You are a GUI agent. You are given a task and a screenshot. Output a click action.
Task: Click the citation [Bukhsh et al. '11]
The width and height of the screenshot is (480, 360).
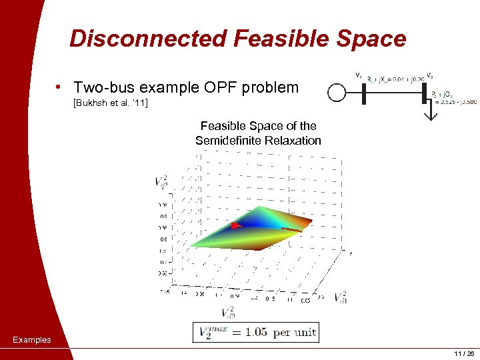[109, 104]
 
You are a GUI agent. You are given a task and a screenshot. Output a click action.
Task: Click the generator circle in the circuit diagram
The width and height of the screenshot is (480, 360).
[337, 93]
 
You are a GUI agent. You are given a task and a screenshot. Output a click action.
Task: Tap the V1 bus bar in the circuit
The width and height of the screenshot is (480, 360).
[364, 93]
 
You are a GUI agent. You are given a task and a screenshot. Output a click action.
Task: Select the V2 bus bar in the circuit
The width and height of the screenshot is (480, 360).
[424, 93]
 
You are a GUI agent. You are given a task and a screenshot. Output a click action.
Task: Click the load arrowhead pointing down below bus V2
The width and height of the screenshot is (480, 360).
[431, 115]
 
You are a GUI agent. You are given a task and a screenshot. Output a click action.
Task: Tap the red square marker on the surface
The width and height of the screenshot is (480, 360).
[234, 227]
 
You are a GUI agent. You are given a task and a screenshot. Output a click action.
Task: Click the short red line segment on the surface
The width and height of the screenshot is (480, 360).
[291, 230]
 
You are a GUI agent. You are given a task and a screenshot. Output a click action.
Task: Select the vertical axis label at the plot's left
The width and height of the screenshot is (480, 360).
[161, 181]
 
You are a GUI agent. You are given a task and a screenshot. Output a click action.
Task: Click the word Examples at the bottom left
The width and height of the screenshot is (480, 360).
[32, 340]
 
